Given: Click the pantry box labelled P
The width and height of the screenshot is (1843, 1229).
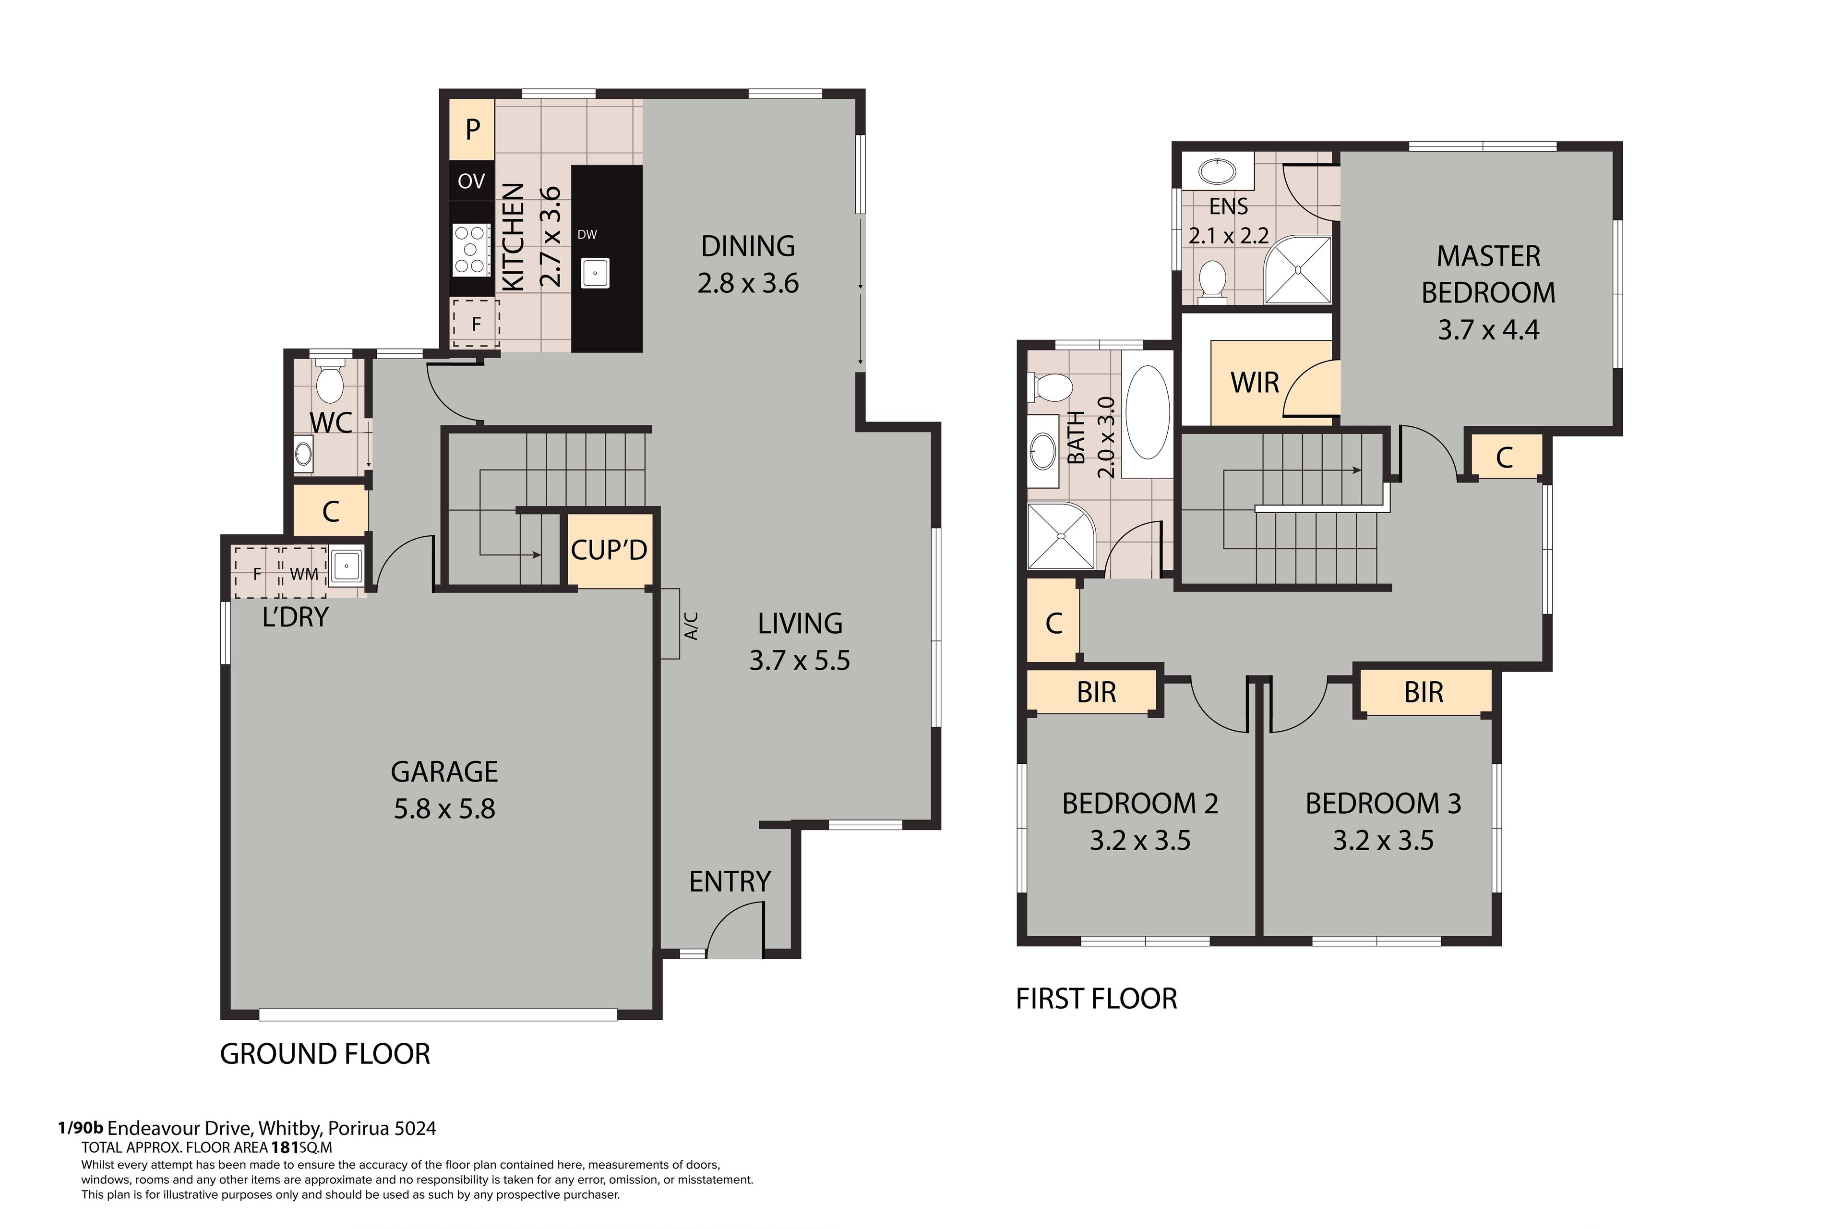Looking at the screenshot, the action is [472, 129].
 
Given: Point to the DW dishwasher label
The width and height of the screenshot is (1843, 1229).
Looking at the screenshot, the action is [587, 234].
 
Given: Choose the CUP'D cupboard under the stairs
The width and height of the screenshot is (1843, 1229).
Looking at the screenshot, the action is [610, 550].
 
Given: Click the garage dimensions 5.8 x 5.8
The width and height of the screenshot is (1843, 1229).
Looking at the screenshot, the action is [444, 809].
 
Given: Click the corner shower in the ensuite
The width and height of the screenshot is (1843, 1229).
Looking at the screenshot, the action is [1298, 270].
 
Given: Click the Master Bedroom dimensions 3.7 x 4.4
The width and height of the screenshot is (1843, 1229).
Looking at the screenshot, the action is [1488, 330].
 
